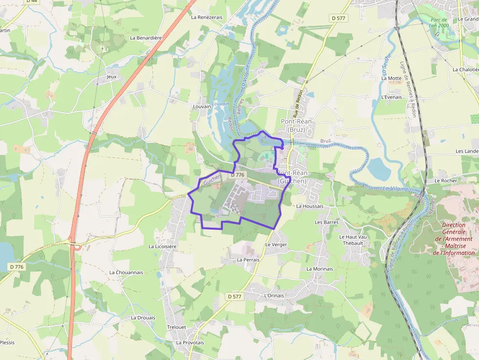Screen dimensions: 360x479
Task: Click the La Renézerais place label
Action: [x=207, y=17]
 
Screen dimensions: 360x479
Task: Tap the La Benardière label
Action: [x=146, y=38]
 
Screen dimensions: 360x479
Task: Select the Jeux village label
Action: [x=111, y=77]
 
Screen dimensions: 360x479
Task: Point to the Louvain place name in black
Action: [x=202, y=106]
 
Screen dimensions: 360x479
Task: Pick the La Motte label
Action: [x=391, y=78]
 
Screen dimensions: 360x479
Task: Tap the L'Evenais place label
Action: [x=391, y=97]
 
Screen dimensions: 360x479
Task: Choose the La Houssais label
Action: [x=310, y=206]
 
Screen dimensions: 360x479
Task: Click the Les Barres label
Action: [x=327, y=222]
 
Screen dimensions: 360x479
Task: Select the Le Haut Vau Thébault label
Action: [x=353, y=240]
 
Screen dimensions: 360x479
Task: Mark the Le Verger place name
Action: [x=276, y=244]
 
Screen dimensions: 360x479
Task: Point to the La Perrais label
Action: [x=248, y=260]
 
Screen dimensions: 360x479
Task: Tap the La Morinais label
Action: [x=320, y=269]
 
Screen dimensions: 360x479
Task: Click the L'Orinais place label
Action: [x=274, y=296]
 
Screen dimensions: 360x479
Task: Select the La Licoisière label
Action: [x=162, y=247]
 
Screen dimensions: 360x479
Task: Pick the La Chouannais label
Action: [x=126, y=273]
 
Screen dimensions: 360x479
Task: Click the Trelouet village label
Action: [x=176, y=327]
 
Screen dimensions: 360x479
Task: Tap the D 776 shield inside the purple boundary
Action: [x=237, y=175]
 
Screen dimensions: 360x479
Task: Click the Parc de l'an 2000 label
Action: [x=438, y=22]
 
